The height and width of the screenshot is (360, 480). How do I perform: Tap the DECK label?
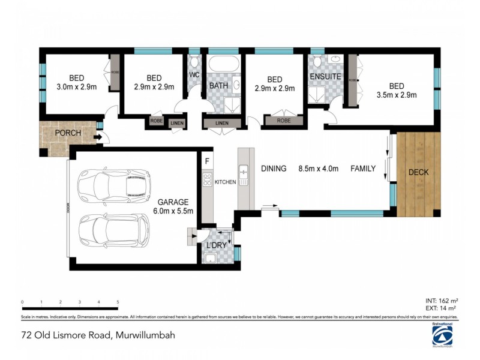click(x=418, y=173)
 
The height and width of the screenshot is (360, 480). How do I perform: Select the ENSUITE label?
click(x=325, y=77)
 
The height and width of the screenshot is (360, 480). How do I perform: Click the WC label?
click(x=194, y=75)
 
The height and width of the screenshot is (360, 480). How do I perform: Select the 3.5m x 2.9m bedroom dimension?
click(x=396, y=94)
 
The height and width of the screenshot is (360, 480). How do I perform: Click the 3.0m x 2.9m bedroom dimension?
click(x=76, y=87)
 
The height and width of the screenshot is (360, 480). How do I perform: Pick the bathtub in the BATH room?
click(x=224, y=64)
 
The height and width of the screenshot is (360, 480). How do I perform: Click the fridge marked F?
click(x=207, y=161)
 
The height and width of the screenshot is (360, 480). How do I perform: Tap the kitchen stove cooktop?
click(x=207, y=179)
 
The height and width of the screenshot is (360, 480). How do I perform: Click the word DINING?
click(x=274, y=169)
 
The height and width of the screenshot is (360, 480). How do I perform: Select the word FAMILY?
click(x=363, y=169)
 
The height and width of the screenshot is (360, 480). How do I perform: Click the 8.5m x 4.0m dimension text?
click(x=319, y=169)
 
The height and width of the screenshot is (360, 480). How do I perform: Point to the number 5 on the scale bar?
click(x=118, y=302)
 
